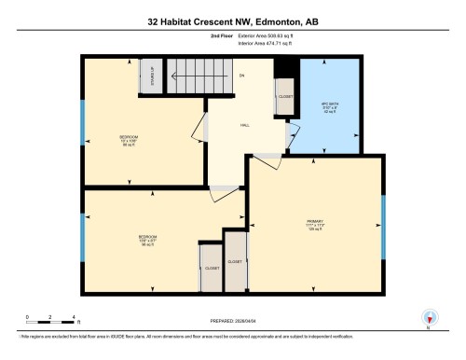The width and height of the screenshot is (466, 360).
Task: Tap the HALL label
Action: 244,124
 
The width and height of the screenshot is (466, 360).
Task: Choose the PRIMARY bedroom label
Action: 314,223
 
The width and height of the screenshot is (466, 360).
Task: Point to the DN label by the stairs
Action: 240,75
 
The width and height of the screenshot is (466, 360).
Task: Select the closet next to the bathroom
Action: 285,95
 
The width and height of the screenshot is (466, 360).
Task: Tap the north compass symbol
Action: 428,317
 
